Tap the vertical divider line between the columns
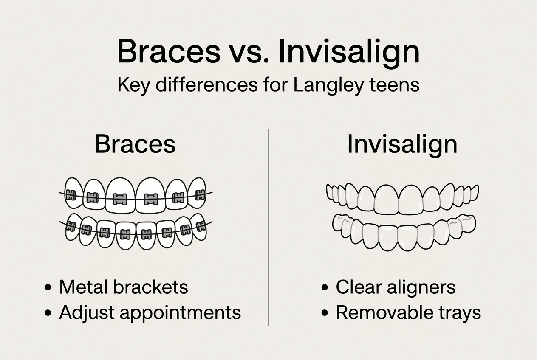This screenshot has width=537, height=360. (268, 229)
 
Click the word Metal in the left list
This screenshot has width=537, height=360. (83, 287)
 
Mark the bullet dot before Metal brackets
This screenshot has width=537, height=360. (48, 288)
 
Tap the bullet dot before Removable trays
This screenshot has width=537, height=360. (325, 314)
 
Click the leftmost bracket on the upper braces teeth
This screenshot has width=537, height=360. (71, 195)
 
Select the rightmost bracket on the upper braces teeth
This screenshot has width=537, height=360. (200, 195)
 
